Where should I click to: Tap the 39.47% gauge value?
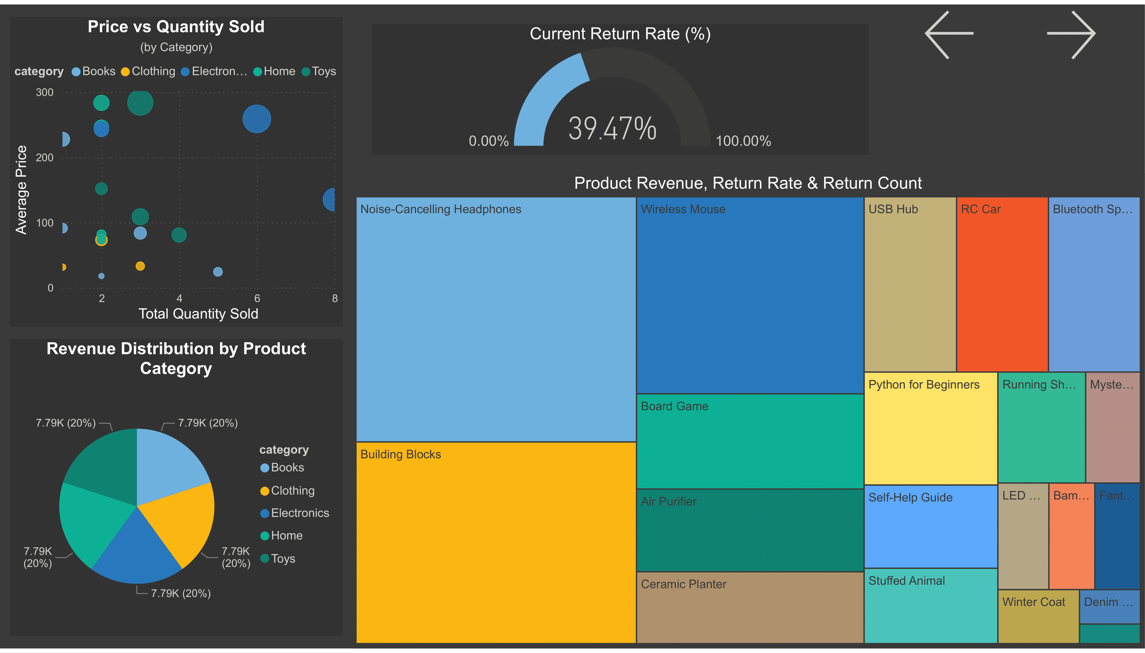(612, 129)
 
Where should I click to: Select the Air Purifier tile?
(749, 530)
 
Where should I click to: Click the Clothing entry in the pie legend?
(292, 491)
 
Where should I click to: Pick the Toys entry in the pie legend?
(282, 558)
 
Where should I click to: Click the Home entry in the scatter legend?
(278, 71)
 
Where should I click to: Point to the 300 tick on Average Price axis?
(44, 92)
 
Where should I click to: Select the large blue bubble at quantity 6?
(257, 119)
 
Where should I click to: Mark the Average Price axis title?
(21, 190)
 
